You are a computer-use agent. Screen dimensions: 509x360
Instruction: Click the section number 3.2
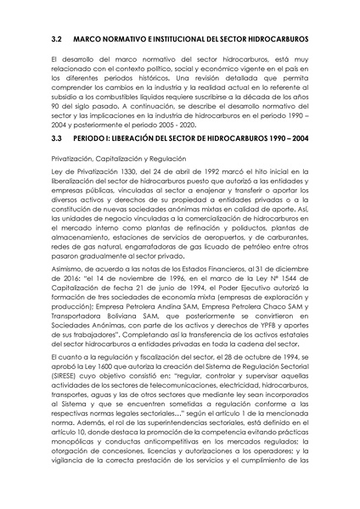(x=58, y=40)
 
